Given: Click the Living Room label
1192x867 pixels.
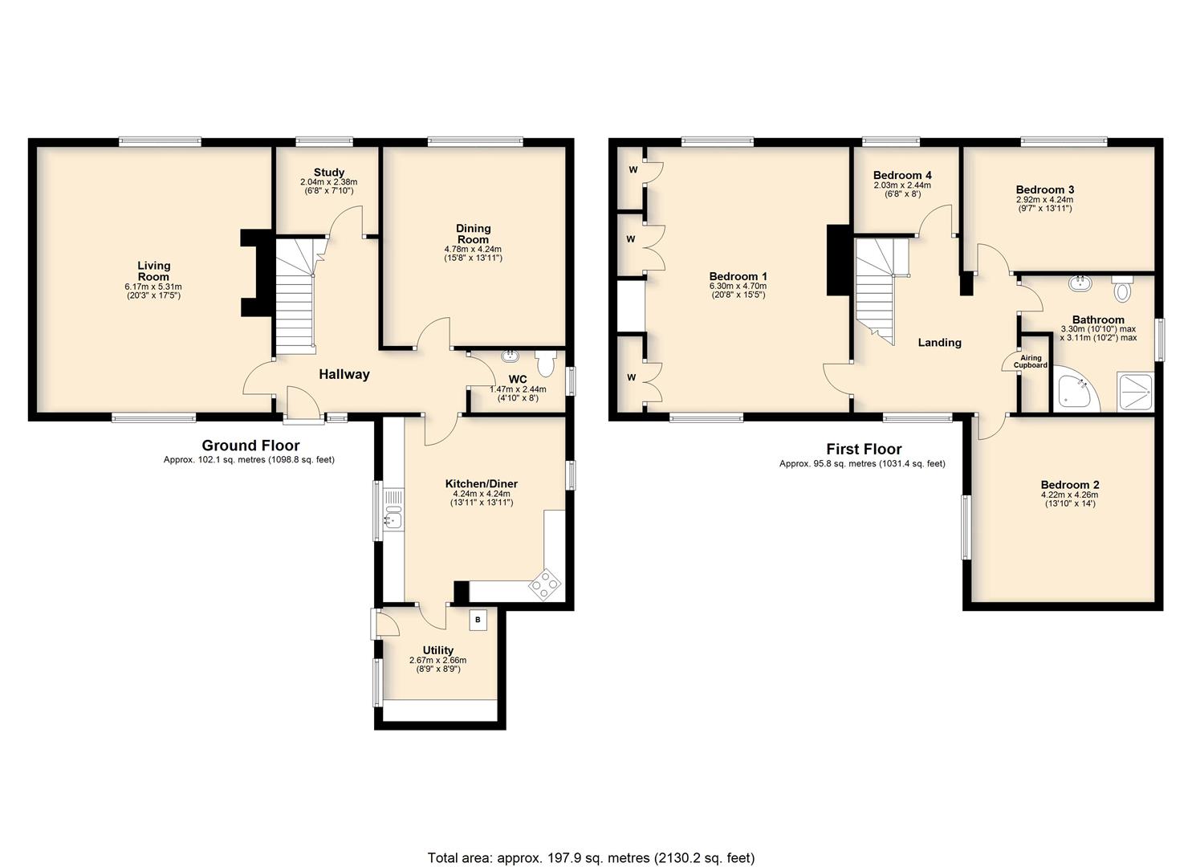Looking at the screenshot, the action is click(x=154, y=271).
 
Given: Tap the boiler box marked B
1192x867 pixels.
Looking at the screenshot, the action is click(x=478, y=620).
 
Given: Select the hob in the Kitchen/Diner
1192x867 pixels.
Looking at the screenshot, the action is click(x=544, y=585).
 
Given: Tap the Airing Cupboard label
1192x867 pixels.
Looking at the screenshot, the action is click(x=1031, y=361).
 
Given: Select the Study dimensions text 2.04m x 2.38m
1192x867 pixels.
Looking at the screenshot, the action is click(x=329, y=182).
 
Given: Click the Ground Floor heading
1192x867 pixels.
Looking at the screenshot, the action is click(x=250, y=446).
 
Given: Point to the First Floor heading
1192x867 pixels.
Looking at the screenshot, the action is click(x=865, y=450).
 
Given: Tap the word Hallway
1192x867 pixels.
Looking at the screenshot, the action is click(x=344, y=374).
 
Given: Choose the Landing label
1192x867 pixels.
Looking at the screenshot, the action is click(x=940, y=342).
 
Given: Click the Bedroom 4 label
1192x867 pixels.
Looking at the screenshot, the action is click(x=902, y=175).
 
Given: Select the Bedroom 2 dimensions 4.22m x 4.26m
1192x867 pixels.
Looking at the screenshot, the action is click(x=1070, y=495).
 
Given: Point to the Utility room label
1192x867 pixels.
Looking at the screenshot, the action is click(x=438, y=650).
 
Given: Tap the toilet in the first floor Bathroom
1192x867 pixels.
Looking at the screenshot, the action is click(x=1122, y=288).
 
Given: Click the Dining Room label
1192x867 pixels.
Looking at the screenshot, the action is click(x=473, y=234).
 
